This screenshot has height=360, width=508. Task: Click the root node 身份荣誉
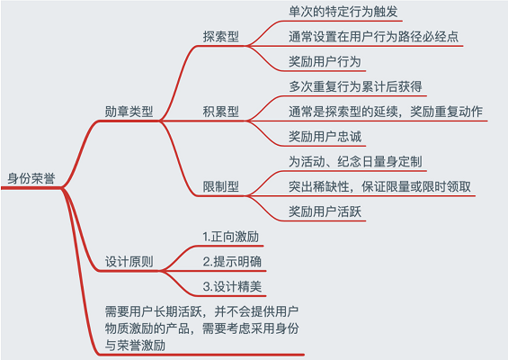coord(31,178)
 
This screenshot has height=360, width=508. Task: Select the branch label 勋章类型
coord(129,112)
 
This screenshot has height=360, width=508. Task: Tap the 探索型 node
coord(221,37)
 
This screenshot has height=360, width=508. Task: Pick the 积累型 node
coord(221,112)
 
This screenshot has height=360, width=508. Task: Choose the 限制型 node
coord(221,186)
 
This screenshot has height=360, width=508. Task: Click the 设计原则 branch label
coord(129,262)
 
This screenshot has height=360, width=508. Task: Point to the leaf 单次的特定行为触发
coord(343,12)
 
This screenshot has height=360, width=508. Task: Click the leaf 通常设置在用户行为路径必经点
coord(373,37)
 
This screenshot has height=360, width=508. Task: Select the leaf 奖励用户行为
coord(325,61)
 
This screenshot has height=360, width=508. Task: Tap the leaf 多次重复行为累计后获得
coord(355,86)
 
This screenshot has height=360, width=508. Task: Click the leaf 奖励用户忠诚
coord(325,137)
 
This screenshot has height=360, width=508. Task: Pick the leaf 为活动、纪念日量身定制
coord(355,161)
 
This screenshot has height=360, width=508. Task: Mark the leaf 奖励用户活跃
coord(325,211)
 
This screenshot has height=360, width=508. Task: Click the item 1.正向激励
coord(231,237)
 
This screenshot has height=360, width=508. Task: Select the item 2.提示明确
coord(232,262)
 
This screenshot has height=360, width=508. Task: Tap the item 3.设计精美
coord(232,287)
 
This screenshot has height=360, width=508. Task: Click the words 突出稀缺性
coord(319,186)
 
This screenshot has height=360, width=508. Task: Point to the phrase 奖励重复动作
coord(447,112)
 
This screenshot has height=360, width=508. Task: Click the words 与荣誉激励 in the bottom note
coord(135,346)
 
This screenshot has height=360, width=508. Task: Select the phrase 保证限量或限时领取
coord(416,186)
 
